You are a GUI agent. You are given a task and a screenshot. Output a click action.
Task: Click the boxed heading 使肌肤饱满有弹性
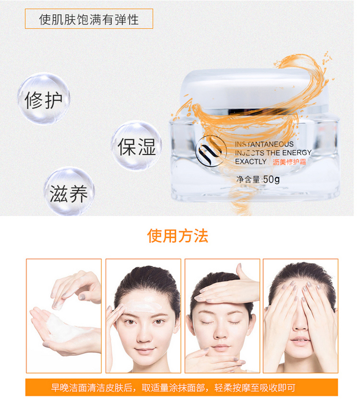click(x=89, y=19)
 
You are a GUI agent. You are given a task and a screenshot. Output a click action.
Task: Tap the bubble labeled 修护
click(x=44, y=98)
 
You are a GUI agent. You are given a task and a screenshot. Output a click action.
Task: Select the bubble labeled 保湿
click(x=137, y=146)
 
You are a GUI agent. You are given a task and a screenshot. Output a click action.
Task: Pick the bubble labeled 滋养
click(x=69, y=192)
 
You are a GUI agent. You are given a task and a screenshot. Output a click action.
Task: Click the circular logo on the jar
click(x=211, y=151)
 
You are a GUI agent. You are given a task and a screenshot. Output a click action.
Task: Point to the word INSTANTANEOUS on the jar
click(x=264, y=144)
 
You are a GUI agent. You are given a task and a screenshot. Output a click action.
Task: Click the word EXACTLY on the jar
click(x=251, y=161)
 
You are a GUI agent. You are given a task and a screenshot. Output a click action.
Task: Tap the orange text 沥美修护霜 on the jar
click(x=289, y=162)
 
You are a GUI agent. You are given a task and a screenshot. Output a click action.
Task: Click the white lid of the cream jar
click(x=255, y=89)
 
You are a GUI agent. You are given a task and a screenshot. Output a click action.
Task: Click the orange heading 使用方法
click(x=178, y=236)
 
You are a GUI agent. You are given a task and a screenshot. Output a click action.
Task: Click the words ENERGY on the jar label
click(x=297, y=152)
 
